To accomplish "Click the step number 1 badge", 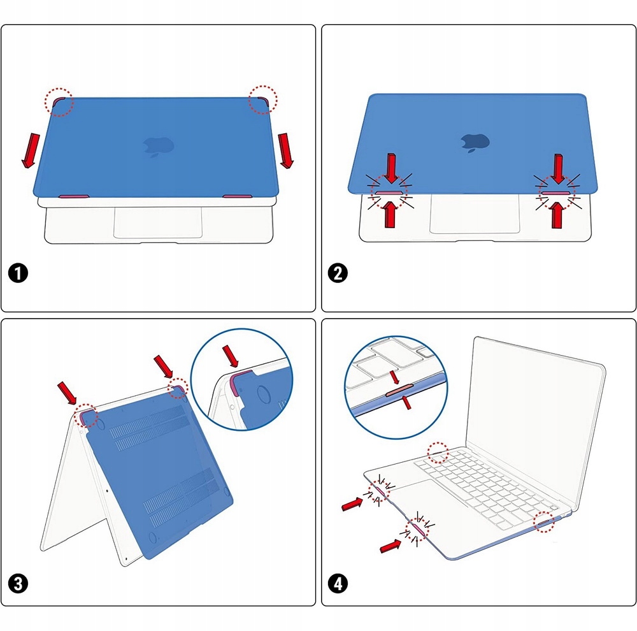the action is pos(18,273).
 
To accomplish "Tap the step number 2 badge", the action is pos(338,273).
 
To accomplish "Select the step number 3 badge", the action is pos(18,584).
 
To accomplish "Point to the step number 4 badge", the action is pos(338,584).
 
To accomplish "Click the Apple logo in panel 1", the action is pos(159,147).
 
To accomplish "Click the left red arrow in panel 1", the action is pos(31,150).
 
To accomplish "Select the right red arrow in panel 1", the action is pos(285,150).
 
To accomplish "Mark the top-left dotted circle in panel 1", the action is pos(59,102).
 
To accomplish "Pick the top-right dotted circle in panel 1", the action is pos(263,100).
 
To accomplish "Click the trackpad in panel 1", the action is pos(158,222).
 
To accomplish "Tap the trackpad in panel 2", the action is pos(475,214).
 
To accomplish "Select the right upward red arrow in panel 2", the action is pos(557,215).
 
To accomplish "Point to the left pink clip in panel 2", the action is pos(389,193).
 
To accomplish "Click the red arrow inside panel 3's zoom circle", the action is pos(231,356).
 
